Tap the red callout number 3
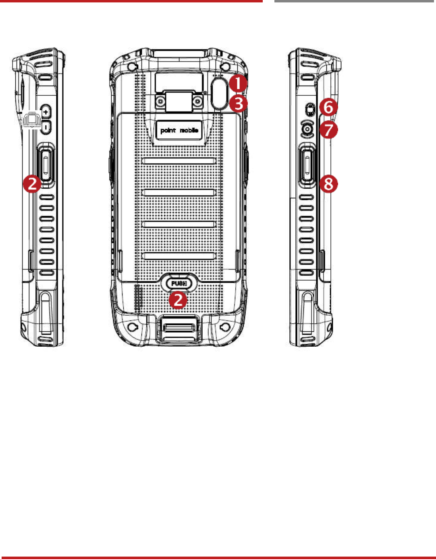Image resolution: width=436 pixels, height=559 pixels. point(238,103)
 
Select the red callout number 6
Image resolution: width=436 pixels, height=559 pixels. point(328,107)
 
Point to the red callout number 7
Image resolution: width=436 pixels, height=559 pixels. point(328,130)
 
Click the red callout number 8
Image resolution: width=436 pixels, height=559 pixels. point(328,184)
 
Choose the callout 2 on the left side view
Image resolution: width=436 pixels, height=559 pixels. point(32,184)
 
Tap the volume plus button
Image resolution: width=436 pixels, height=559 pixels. point(46,111)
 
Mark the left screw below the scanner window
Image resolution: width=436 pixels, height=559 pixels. point(161,102)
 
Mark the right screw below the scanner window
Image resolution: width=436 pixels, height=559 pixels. point(197,102)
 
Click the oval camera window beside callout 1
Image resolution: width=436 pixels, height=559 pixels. point(219,92)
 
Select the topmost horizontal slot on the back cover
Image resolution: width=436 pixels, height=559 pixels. point(179,161)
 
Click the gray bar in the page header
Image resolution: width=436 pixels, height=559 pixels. point(354,1)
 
